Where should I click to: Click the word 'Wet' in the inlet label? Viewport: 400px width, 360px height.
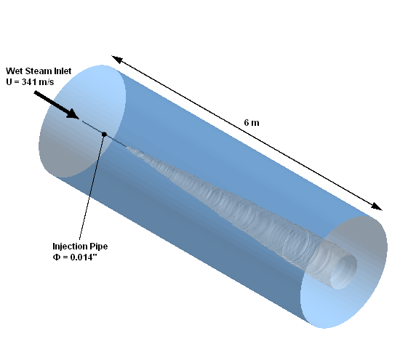13,71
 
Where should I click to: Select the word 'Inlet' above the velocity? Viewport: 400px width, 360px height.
60,71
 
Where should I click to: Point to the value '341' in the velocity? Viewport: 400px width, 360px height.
29,82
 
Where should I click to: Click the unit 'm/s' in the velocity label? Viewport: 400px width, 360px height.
46,82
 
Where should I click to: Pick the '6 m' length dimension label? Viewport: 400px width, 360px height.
252,123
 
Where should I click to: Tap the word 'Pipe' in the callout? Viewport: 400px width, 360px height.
97,247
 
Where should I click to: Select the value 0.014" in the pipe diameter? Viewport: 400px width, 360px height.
84,257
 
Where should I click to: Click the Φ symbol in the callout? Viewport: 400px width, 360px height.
56,257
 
